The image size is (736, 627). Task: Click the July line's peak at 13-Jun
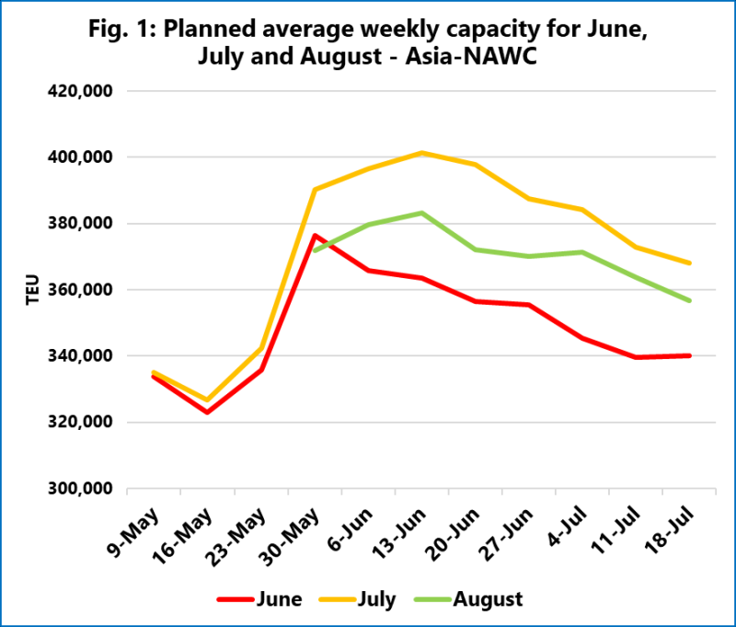pyautogui.click(x=421, y=153)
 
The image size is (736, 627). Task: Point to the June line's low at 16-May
pyautogui.click(x=207, y=412)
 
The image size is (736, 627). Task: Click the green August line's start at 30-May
pyautogui.click(x=315, y=250)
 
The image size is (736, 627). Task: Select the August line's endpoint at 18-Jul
pyautogui.click(x=690, y=301)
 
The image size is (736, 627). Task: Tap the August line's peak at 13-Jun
pyautogui.click(x=421, y=213)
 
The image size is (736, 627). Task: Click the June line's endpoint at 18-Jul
pyautogui.click(x=690, y=355)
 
